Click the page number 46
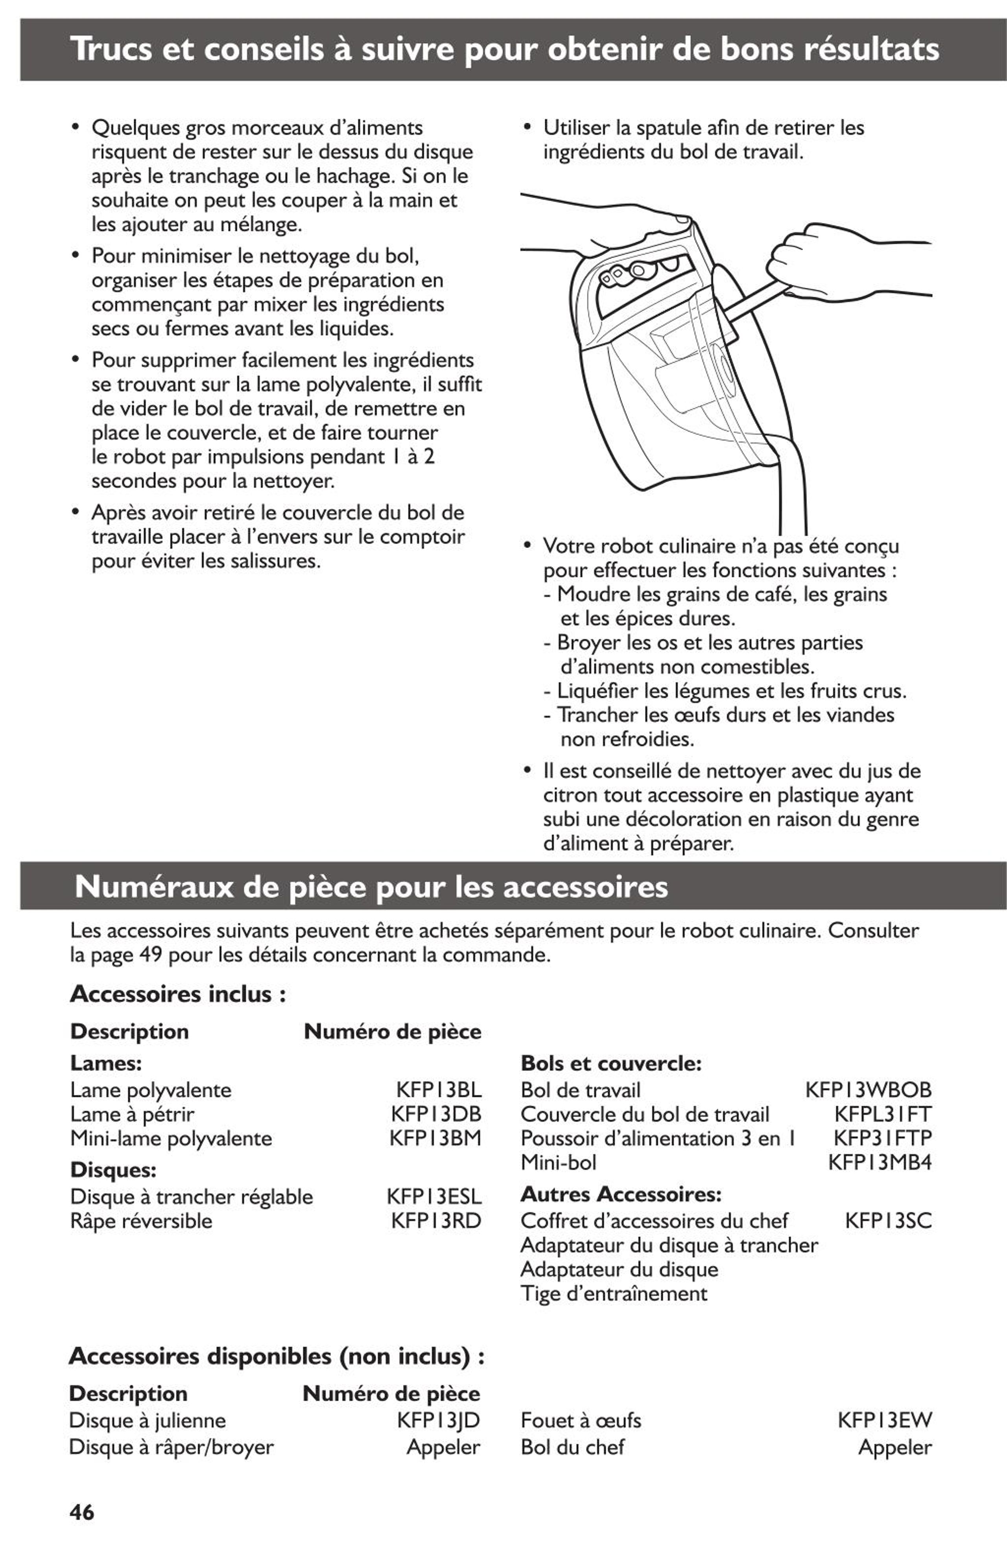tap(82, 1512)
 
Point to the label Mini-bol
tap(558, 1162)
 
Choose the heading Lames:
tap(106, 1063)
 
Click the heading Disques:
tap(113, 1170)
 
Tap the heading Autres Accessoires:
tap(620, 1194)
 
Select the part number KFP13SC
tap(887, 1220)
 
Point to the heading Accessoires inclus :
tap(178, 994)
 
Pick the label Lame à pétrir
tap(132, 1114)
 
